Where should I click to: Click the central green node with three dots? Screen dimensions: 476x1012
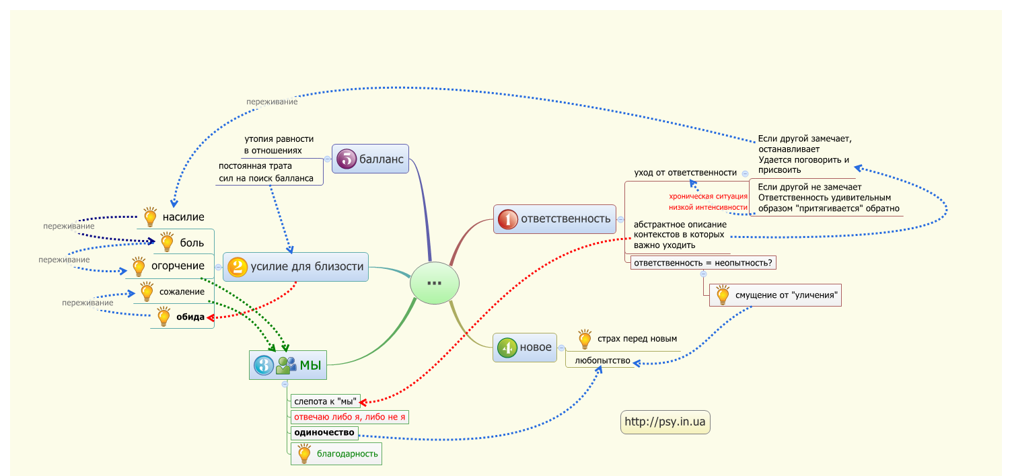click(435, 282)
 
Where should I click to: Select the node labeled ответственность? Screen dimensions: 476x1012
click(554, 219)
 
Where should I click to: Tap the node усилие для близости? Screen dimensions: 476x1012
click(295, 267)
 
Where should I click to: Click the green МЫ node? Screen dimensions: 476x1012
click(287, 365)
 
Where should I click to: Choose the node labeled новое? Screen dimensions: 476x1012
click(526, 348)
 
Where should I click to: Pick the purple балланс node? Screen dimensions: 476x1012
click(371, 159)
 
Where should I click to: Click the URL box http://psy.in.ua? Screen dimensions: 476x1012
click(665, 422)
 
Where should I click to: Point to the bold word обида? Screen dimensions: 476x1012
click(190, 317)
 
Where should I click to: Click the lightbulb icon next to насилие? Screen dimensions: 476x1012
click(150, 216)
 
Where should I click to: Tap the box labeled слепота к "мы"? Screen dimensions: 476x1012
click(325, 401)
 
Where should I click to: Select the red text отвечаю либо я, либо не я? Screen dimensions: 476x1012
click(350, 417)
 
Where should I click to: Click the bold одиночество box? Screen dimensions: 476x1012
click(325, 433)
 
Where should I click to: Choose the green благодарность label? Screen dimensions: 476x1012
click(347, 454)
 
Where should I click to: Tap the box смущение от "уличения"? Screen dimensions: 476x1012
click(776, 294)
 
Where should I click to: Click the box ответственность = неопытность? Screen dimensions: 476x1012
click(702, 263)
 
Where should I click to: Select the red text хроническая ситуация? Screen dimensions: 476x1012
click(708, 196)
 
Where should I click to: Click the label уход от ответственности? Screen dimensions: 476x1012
click(685, 173)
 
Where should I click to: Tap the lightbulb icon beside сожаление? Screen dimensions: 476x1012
click(146, 292)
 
